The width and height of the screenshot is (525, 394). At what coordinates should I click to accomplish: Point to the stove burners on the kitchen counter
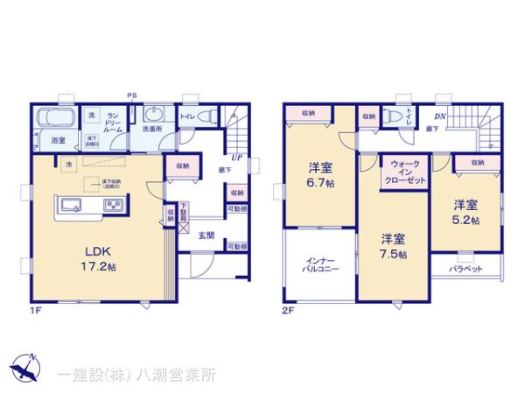coord(115,206)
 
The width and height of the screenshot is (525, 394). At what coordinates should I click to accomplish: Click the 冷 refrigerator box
coord(67,164)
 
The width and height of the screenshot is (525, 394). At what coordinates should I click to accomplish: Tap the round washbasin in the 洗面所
coord(153,115)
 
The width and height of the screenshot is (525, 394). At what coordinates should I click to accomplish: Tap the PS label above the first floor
coord(132,95)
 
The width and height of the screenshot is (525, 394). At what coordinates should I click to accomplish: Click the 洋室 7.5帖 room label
coord(392,247)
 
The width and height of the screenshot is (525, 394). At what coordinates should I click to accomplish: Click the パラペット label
coord(468,269)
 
